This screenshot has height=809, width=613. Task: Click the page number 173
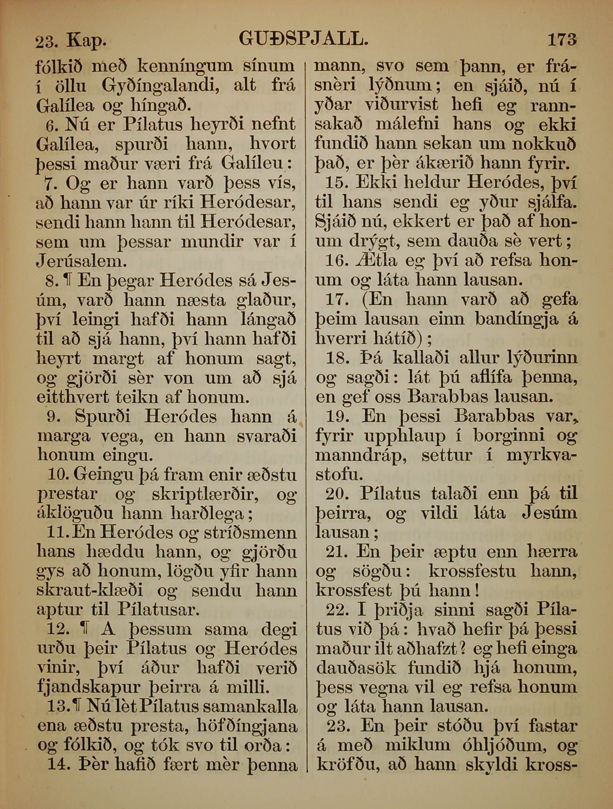(562, 40)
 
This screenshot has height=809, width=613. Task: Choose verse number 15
(336, 183)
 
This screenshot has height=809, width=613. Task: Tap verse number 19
(336, 416)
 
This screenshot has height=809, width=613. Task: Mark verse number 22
(336, 610)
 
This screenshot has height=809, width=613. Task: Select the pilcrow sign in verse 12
(85, 630)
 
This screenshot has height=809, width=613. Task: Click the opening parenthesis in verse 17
(364, 299)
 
